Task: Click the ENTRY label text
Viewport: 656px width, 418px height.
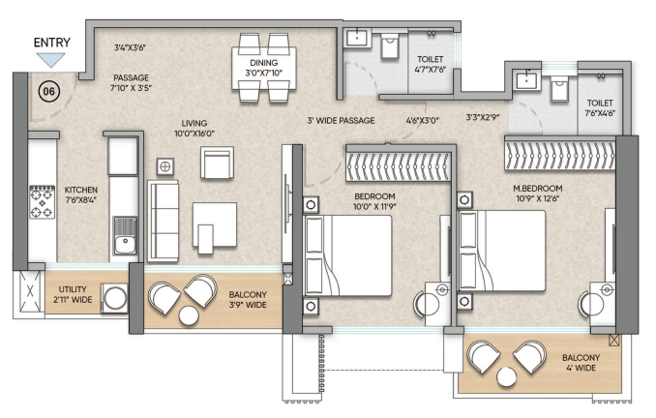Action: pos(52,43)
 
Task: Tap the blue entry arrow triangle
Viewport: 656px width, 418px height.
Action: pos(51,59)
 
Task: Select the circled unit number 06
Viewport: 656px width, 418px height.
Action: pos(49,91)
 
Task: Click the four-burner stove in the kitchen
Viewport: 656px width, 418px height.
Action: pos(42,202)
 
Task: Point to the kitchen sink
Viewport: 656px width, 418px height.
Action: pos(125,236)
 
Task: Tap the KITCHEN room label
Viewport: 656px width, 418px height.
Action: pos(80,194)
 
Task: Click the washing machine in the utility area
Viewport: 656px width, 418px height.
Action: pos(114,298)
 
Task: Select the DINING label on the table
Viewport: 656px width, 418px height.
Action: pos(263,63)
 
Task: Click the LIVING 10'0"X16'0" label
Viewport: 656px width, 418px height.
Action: pos(194,129)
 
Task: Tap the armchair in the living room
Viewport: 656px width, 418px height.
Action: pos(217,163)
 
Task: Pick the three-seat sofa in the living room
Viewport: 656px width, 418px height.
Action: pos(163,221)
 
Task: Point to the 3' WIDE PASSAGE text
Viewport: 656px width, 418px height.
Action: pos(341,121)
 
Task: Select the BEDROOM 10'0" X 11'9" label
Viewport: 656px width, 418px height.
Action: pos(374,201)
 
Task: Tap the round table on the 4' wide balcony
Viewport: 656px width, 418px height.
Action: pos(507,376)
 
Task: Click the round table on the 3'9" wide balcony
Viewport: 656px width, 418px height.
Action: pos(189,315)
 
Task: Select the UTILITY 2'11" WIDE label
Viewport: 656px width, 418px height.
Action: pos(73,294)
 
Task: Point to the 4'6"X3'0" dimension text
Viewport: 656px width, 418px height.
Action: pos(422,121)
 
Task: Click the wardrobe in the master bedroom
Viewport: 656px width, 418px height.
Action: pos(560,153)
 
